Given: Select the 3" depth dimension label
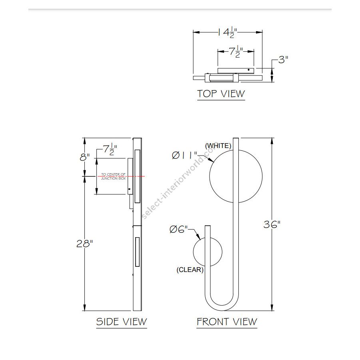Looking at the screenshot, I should click(283, 60).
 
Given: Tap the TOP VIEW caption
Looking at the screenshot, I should click(221, 94).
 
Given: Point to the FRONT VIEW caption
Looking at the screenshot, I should click(227, 322).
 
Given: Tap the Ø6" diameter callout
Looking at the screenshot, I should click(179, 229).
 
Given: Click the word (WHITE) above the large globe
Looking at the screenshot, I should click(218, 146).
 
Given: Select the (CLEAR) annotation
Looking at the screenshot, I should click(190, 270).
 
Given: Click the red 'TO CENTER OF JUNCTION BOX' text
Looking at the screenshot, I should click(114, 176).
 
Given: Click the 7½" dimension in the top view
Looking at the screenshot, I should click(236, 52).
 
